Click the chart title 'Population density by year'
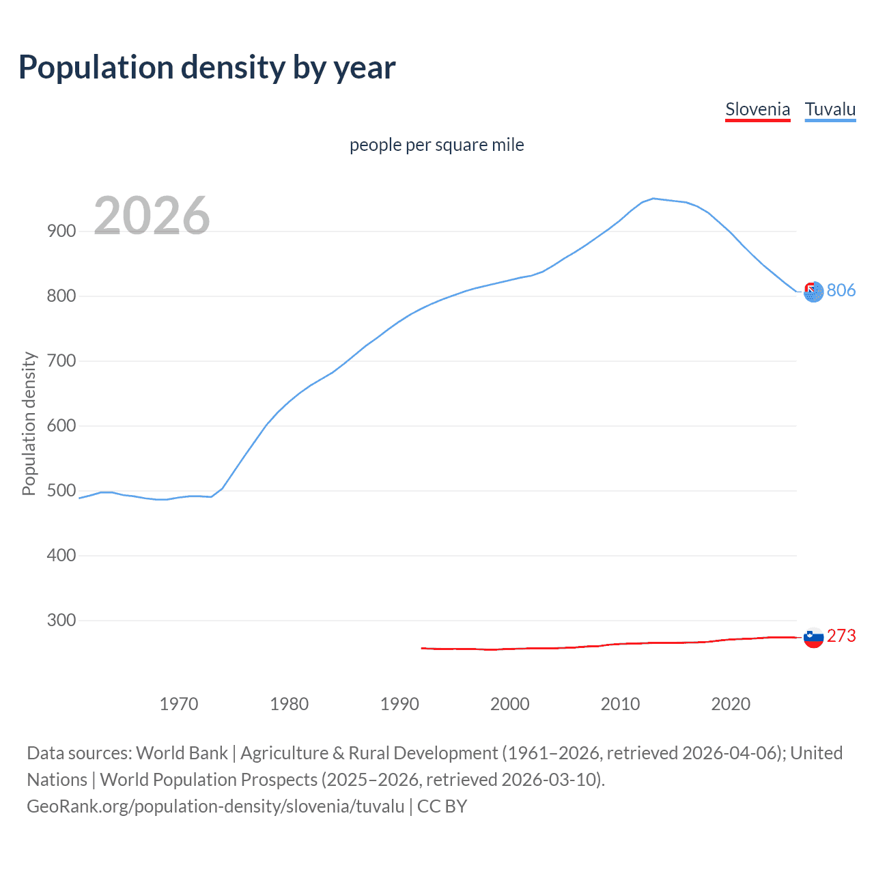207,67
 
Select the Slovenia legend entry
757,109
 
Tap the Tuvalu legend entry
830,109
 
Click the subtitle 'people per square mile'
436,145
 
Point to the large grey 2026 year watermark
152,216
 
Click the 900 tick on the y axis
61,231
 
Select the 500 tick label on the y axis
61,490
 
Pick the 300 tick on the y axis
61,620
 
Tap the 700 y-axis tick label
61,361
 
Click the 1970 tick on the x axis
179,703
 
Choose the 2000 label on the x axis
510,703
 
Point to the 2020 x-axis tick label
731,703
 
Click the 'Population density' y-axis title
29,423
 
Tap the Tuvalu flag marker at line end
813,292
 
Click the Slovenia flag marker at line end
813,638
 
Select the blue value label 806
841,290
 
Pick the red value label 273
841,636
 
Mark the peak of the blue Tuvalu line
653,199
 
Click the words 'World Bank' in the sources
182,752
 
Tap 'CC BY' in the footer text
442,806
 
